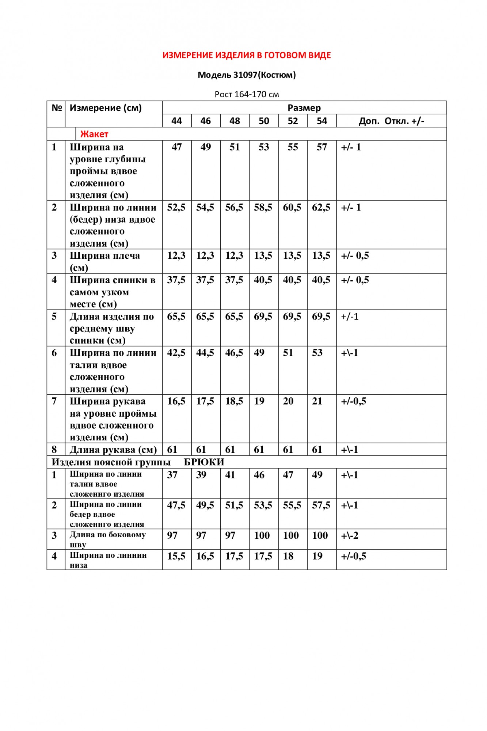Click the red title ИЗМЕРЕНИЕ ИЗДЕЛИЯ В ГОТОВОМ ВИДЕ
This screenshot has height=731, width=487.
pos(247,55)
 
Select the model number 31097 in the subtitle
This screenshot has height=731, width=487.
pos(245,75)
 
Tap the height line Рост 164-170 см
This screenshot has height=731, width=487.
pos(247,94)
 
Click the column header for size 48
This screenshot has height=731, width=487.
pos(235,121)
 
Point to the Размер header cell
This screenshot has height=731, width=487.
pos(304,108)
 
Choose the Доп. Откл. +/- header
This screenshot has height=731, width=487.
pos(391,121)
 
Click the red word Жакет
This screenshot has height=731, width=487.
pos(94,134)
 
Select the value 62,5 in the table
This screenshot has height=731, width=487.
pos(321,208)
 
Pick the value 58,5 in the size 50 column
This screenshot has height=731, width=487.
pos(263,208)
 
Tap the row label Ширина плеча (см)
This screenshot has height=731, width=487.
pos(104,261)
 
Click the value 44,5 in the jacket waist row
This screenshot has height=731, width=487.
pos(205,353)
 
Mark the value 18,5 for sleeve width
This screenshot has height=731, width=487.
pos(234,401)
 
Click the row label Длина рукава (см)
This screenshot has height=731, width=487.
pos(113,450)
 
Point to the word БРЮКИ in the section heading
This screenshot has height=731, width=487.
pos(204,462)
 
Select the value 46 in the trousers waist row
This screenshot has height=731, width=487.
pos(259,475)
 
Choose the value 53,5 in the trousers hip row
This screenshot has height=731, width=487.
pos(263,505)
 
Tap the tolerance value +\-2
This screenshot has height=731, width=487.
pos(350,535)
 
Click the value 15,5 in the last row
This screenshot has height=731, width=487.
pos(176,556)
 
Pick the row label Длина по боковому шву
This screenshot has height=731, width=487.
pos(107,539)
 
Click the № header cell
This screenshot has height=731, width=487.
pos(57,108)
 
